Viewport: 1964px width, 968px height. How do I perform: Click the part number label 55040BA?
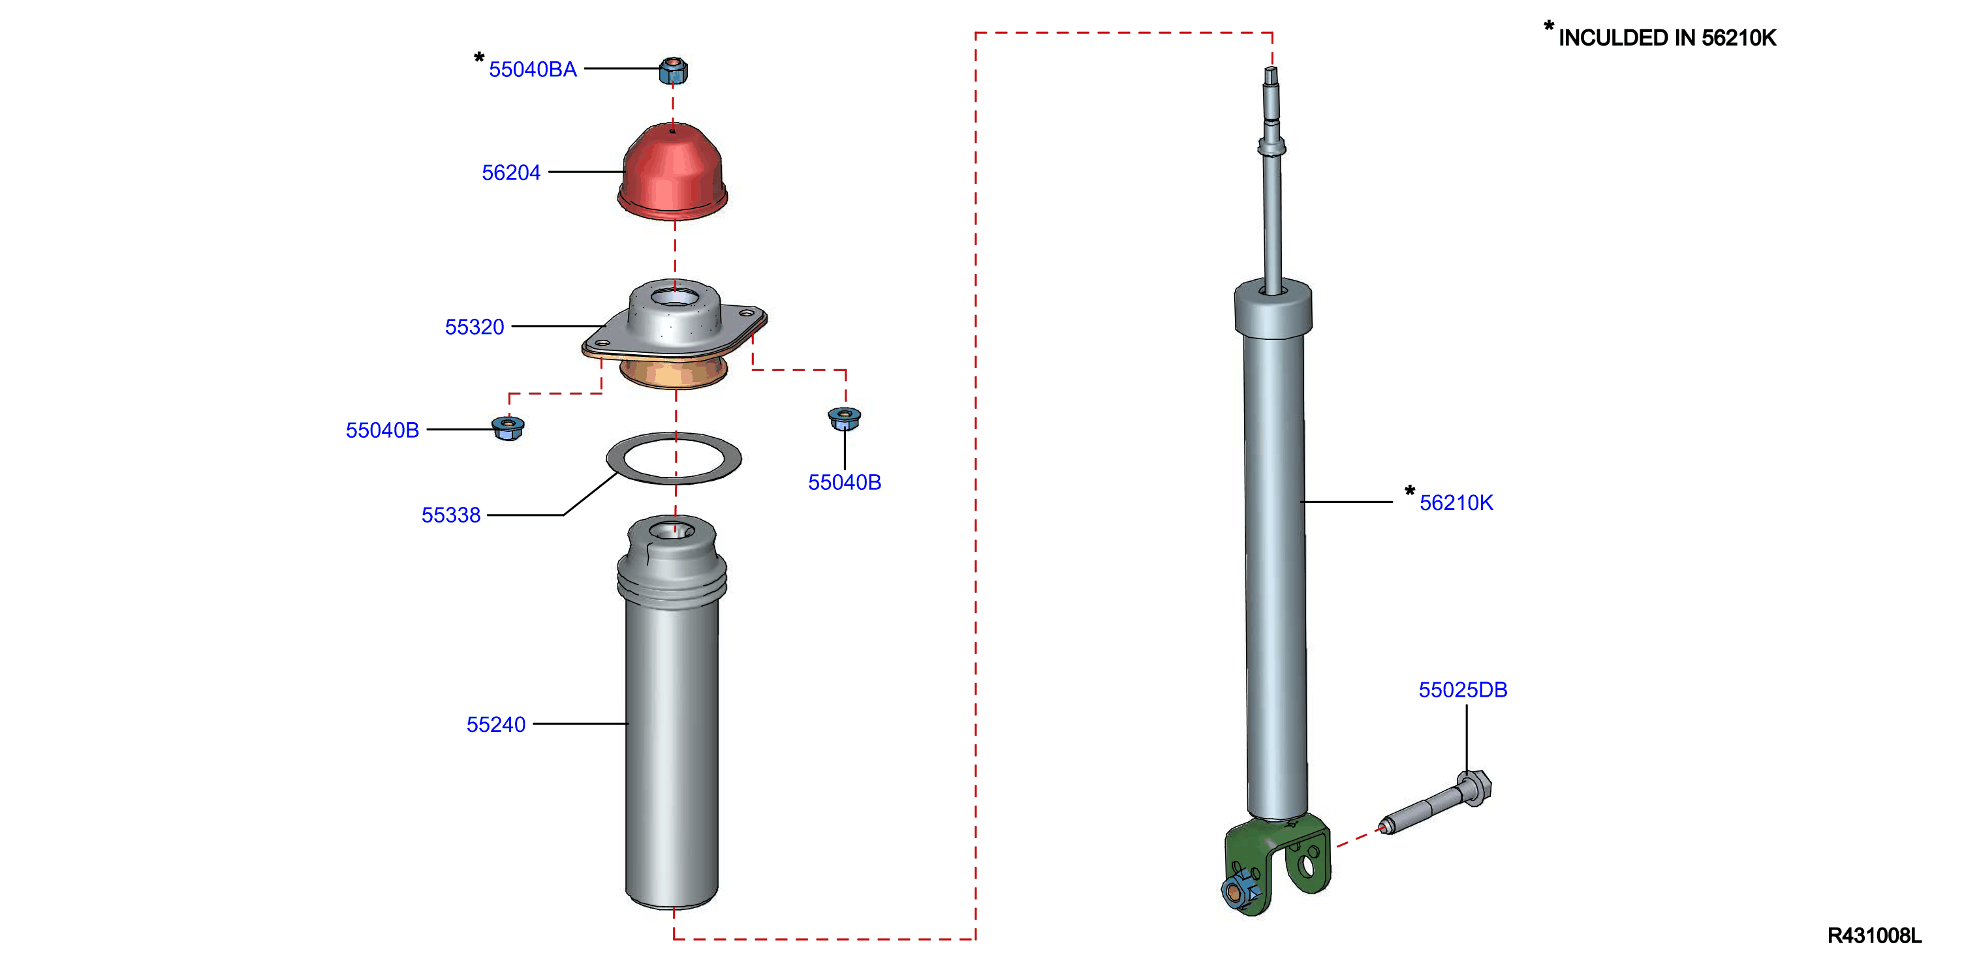pyautogui.click(x=532, y=69)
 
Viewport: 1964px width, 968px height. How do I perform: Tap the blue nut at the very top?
pyautogui.click(x=673, y=70)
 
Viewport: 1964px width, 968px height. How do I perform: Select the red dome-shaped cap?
pyautogui.click(x=672, y=171)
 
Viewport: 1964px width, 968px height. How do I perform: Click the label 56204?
pyautogui.click(x=511, y=173)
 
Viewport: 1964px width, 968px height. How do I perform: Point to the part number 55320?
pyautogui.click(x=475, y=327)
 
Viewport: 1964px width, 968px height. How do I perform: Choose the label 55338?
pyautogui.click(x=450, y=515)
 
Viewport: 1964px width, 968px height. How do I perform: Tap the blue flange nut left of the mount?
pyautogui.click(x=508, y=428)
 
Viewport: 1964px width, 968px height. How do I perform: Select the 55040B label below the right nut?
pyautogui.click(x=845, y=483)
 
